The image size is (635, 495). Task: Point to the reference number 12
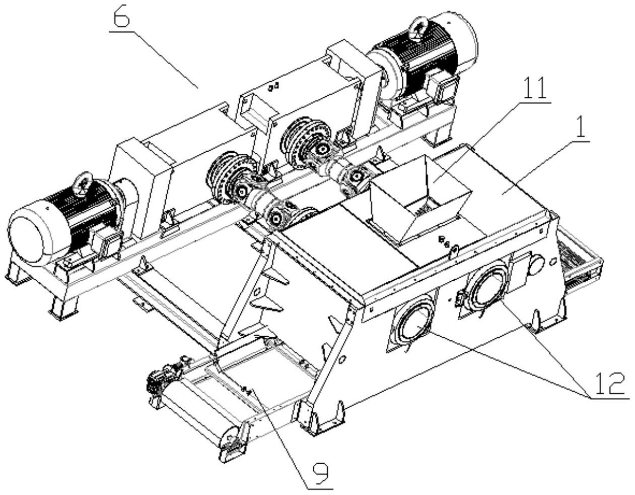pyautogui.click(x=606, y=384)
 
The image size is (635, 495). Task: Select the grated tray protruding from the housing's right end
pyautogui.click(x=582, y=262)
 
